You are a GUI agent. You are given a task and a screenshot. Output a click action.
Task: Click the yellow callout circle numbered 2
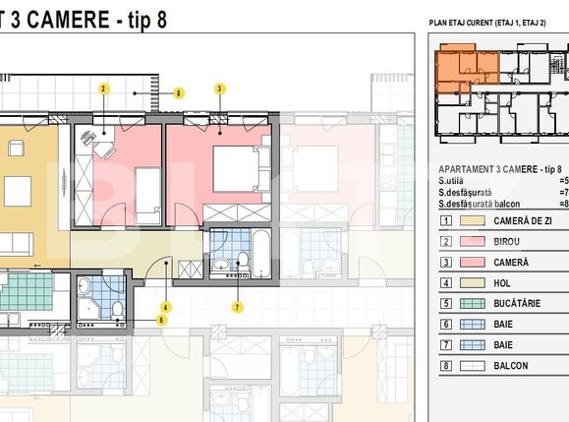103,89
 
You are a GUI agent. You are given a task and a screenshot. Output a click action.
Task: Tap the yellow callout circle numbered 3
219,89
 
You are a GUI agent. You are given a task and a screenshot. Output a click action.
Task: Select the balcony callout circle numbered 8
178,93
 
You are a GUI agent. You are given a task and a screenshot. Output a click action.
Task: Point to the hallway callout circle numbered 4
165,307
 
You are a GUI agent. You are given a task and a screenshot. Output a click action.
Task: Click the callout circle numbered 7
237,307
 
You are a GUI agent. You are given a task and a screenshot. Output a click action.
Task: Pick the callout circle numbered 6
161,320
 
